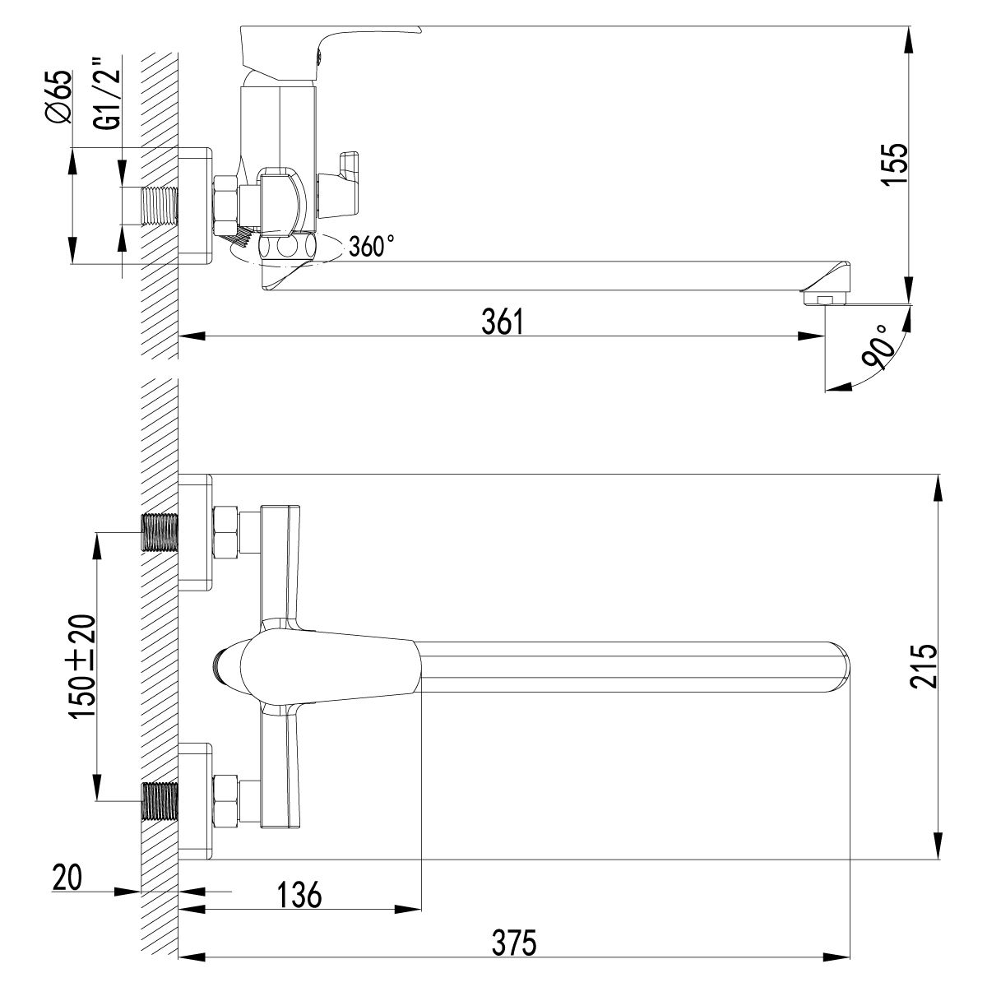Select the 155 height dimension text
tap(895, 168)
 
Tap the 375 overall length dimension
tap(516, 964)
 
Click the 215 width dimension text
tap(926, 667)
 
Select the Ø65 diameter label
tap(59, 97)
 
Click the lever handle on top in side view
tap(329, 41)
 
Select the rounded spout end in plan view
tap(839, 665)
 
